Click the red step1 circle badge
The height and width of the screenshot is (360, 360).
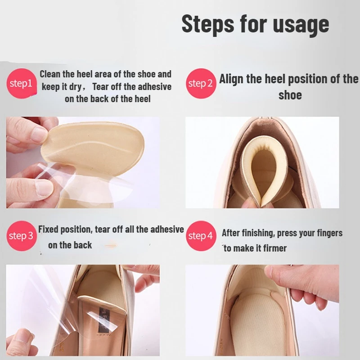[21, 83]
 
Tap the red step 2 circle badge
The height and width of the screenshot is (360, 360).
[200, 83]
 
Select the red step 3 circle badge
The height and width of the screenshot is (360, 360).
[21, 236]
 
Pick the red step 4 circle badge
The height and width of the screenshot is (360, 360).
[200, 236]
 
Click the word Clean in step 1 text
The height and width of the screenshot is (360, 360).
[50, 74]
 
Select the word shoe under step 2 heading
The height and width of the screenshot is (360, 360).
[290, 95]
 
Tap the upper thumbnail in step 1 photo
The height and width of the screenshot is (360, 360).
[40, 134]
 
